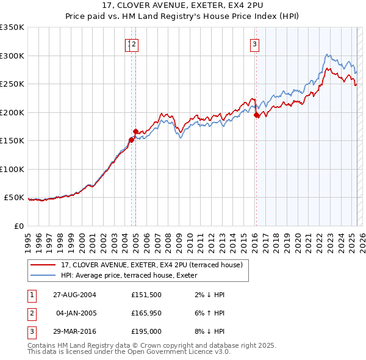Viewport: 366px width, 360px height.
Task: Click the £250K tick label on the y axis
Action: (x=12, y=84)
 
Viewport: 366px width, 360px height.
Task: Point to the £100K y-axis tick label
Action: (x=12, y=169)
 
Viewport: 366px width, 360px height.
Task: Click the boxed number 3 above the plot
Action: (x=254, y=43)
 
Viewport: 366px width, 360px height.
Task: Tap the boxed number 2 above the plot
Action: (x=134, y=43)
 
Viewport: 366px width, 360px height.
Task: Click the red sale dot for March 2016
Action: (x=257, y=115)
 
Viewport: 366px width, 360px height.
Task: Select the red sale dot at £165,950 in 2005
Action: (x=135, y=131)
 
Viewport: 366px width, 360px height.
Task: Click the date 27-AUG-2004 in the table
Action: (x=74, y=295)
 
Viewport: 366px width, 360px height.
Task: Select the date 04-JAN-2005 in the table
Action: (x=76, y=313)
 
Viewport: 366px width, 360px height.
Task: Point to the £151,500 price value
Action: (x=146, y=295)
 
